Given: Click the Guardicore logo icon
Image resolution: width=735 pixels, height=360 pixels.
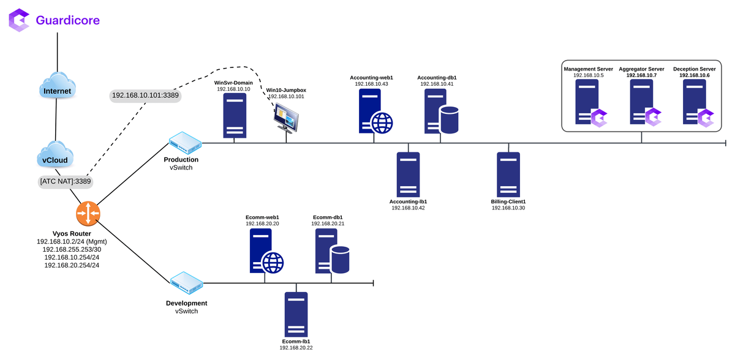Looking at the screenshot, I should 20,20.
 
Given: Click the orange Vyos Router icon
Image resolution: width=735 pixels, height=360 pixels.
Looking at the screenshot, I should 88,213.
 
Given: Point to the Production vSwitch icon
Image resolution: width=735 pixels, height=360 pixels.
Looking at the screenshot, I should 186,143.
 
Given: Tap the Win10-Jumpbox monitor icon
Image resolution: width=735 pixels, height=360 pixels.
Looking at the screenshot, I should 286,117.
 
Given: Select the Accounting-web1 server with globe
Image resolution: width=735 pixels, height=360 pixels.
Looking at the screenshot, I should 374,111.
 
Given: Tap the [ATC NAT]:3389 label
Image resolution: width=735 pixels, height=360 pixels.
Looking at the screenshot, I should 65,181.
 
